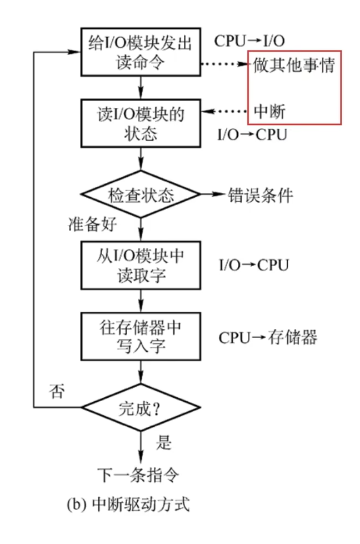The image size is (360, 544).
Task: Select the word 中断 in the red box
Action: point(269,112)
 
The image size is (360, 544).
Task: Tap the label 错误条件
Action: point(260,195)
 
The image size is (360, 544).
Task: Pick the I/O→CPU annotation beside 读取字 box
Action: point(253,265)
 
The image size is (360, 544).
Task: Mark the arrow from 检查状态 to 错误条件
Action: point(211,195)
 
